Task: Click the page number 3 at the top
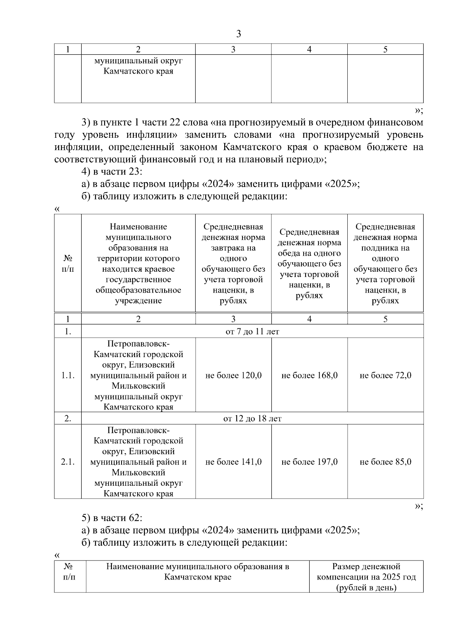(x=238, y=34)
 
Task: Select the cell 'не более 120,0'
(x=233, y=376)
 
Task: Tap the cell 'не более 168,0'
(x=309, y=376)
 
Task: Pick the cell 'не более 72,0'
(x=385, y=376)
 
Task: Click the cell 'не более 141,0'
(x=233, y=462)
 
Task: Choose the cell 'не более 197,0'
(x=309, y=462)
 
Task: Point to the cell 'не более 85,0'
(x=385, y=462)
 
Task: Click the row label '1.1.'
(x=68, y=376)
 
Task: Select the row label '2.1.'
(x=68, y=462)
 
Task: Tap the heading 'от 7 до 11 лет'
(x=252, y=332)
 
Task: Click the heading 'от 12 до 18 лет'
(x=252, y=419)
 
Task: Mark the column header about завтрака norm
(x=233, y=263)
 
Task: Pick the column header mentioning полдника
(x=385, y=263)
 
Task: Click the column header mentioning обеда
(x=309, y=263)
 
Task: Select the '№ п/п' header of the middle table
(x=68, y=263)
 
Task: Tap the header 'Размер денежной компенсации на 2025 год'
(x=366, y=577)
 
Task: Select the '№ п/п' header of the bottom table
(x=70, y=572)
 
